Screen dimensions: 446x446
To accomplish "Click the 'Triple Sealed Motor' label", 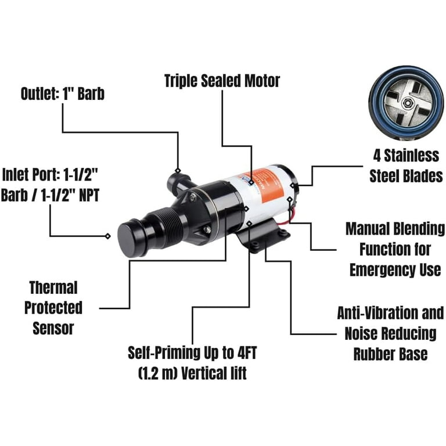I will click(222, 80).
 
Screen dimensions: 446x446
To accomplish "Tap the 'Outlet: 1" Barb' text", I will click(63, 93).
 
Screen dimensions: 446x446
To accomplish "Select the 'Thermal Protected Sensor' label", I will click(53, 307).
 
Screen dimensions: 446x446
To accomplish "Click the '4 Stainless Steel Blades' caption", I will click(406, 166).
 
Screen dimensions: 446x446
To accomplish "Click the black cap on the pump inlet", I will click(129, 236).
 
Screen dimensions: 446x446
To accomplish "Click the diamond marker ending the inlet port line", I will click(107, 236).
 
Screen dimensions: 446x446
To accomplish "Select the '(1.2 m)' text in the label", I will click(158, 372).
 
